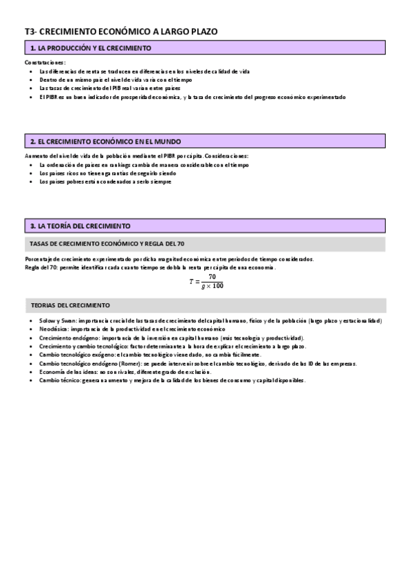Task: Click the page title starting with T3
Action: click(121, 32)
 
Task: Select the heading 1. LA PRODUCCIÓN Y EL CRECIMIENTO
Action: click(91, 48)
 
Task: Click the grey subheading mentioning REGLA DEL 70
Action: click(107, 243)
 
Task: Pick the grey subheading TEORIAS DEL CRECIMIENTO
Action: click(71, 305)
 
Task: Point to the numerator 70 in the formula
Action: click(213, 276)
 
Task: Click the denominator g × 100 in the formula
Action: click(213, 286)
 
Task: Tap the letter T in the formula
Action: click(192, 281)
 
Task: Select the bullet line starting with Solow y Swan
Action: click(210, 321)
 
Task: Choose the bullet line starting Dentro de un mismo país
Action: click(106, 80)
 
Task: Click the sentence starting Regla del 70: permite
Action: click(149, 267)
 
